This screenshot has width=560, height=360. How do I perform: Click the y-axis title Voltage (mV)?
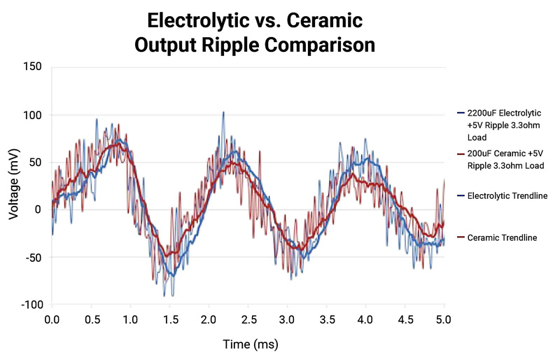14,186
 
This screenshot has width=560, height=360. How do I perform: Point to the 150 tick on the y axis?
31,67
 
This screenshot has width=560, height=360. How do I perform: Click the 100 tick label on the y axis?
31,114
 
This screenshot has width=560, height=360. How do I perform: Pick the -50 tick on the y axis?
31,257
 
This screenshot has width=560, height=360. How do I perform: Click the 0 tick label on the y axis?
38,209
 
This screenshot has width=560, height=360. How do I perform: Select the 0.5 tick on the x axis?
91,319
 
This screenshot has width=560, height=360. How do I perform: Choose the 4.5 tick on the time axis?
404,319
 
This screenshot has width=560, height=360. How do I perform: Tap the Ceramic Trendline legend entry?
502,238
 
